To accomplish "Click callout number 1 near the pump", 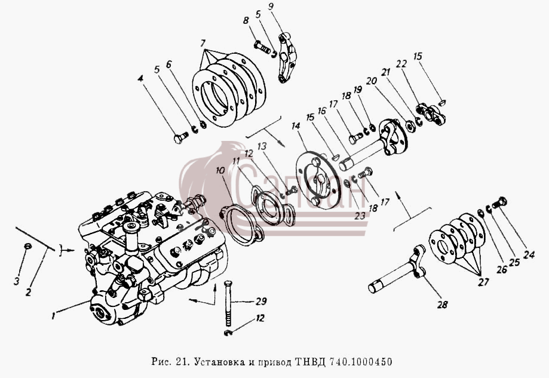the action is (53, 316).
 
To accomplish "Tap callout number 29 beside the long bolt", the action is (261, 301).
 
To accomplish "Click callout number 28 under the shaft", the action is (443, 305).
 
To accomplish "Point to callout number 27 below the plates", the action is (483, 282).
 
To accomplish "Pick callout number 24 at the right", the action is (529, 254).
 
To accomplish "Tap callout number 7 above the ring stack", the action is (203, 44).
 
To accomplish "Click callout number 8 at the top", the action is (246, 20).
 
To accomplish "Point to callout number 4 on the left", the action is (140, 78).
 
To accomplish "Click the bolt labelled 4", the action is (180, 138).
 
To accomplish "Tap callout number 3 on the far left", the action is (17, 281).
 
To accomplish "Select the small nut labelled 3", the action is (27, 246).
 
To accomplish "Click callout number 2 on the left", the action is (28, 291).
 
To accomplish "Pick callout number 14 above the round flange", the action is (296, 126).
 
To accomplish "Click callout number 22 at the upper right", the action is (401, 64).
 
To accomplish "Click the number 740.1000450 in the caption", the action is (360, 361).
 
